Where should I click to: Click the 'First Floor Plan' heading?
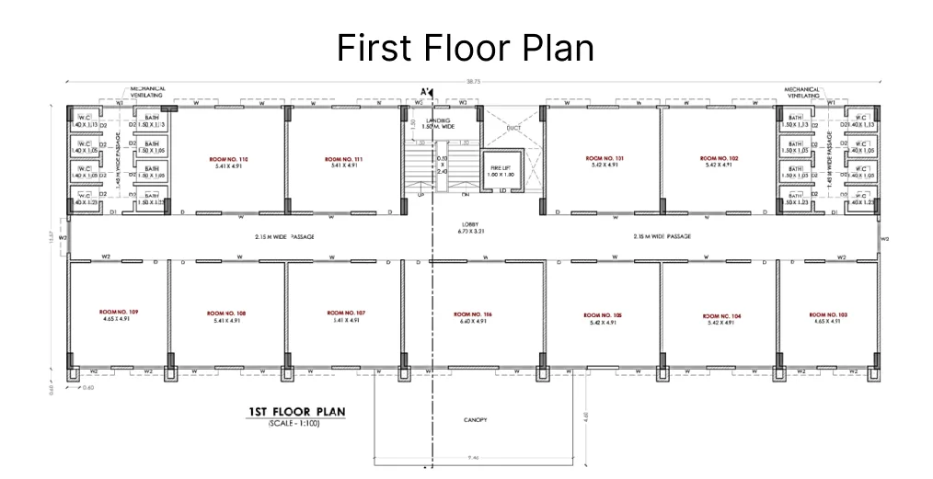pos(466,48)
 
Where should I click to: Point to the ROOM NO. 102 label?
pos(719,159)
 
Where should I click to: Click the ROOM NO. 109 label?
pos(119,312)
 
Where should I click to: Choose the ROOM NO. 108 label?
pos(227,314)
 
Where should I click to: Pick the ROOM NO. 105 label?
pos(604,315)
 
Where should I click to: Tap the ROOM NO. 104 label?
pos(720,315)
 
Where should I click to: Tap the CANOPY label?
pos(475,419)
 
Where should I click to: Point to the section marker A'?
pos(426,92)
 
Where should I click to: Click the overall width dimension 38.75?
pos(473,82)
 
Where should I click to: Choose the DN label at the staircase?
pos(466,195)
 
